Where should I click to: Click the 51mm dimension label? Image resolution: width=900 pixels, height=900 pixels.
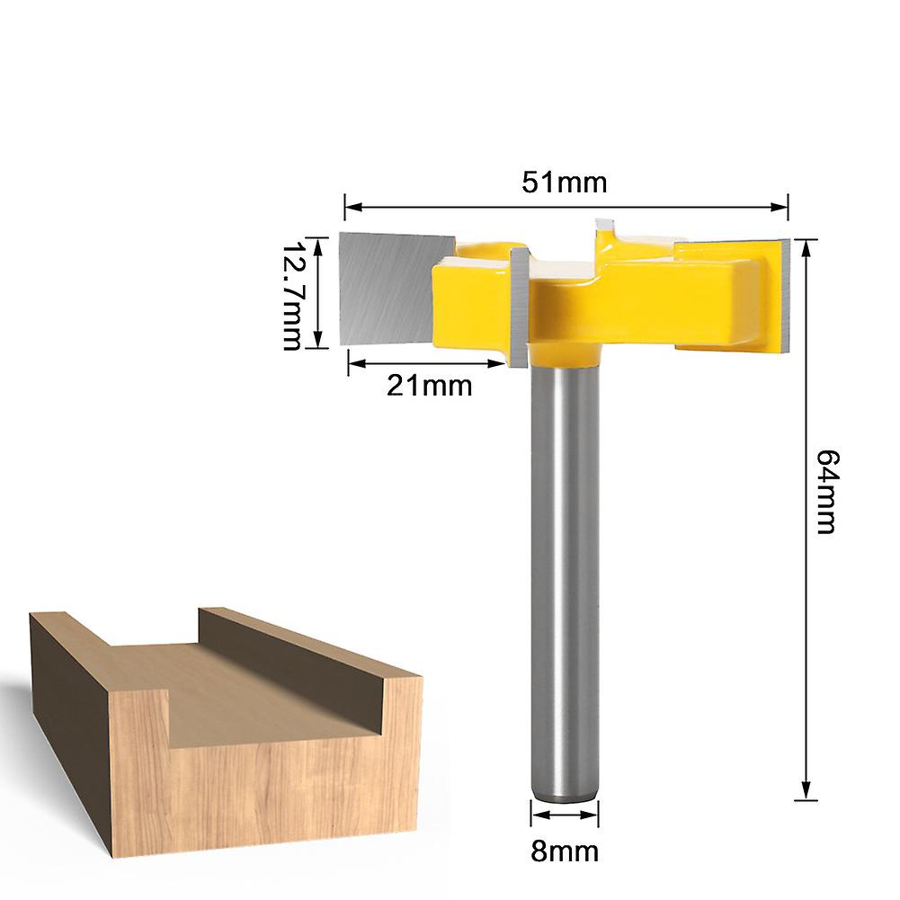[566, 183]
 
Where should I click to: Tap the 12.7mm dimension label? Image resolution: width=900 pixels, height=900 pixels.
[292, 295]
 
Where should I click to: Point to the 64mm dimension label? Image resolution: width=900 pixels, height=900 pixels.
[825, 492]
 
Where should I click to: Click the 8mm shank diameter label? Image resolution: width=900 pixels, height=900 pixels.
[565, 850]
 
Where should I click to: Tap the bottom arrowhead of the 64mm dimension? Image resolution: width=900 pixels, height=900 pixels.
[806, 796]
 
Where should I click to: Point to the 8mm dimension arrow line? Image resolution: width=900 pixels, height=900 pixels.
[564, 816]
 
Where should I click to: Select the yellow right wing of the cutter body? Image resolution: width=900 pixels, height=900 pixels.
[683, 297]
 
